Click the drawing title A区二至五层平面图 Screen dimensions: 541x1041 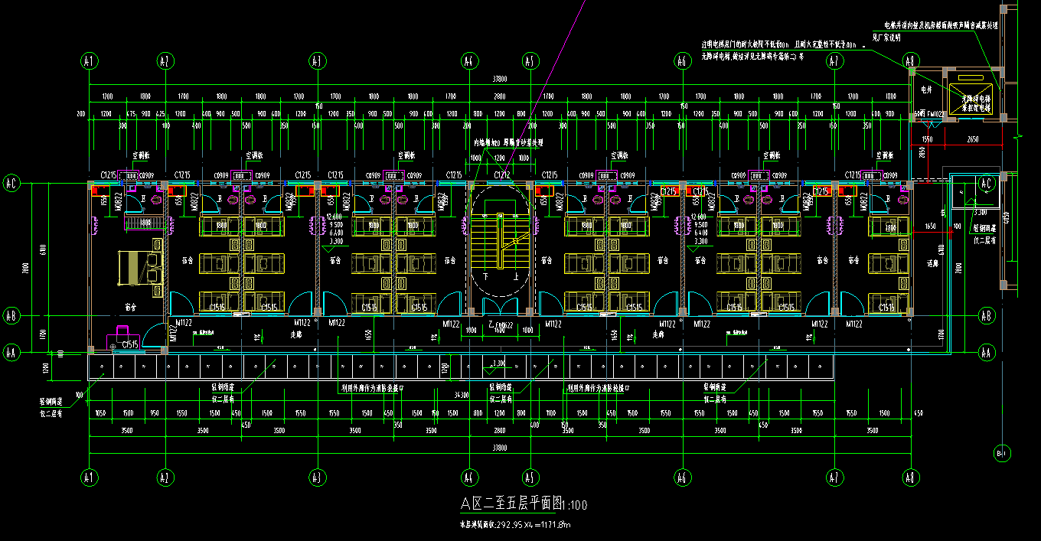tap(511, 503)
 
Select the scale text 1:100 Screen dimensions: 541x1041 tap(575, 504)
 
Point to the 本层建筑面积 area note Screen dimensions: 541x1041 tap(514, 524)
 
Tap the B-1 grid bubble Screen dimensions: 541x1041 tap(1001, 452)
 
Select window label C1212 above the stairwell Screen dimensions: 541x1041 tap(502, 175)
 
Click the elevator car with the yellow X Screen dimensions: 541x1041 tap(970, 98)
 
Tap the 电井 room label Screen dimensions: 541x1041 tap(927, 90)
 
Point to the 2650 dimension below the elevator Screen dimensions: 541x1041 tap(972, 140)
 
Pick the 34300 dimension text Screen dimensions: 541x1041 tap(461, 395)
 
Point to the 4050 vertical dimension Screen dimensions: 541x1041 tap(1007, 218)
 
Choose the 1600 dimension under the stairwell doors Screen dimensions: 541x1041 tap(499, 330)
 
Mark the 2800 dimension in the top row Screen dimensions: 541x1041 tap(500, 97)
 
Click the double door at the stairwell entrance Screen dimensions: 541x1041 tap(499, 306)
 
